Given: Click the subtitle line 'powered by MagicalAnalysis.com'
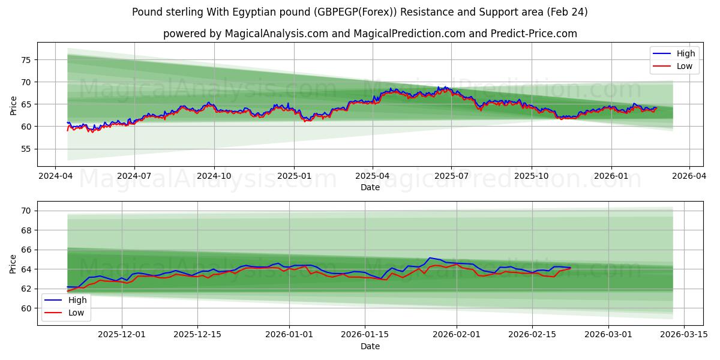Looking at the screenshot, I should pos(370,34).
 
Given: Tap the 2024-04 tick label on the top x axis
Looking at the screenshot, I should pos(55,176).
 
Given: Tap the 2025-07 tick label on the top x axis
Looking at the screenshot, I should pos(451,176).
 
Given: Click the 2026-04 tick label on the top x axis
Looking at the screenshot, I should pos(688,176).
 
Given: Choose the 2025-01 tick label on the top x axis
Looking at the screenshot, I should pos(294,176).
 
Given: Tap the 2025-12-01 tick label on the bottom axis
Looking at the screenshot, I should pos(122,334).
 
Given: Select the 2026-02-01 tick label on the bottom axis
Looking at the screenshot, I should pos(457,334).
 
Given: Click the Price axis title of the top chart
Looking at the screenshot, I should pos(14,104).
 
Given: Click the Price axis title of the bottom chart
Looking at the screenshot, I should pos(14,263).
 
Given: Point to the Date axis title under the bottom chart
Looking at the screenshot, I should pos(370,346).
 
